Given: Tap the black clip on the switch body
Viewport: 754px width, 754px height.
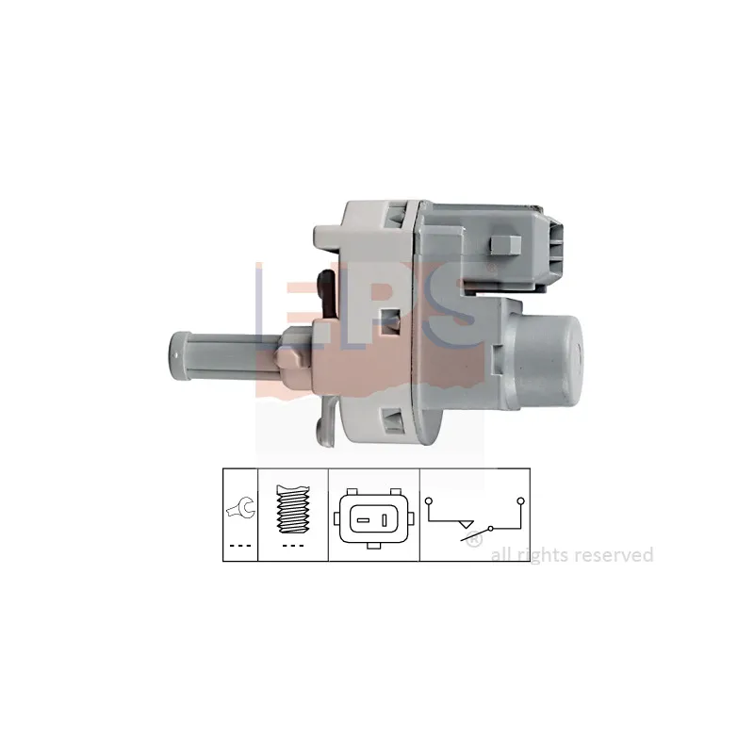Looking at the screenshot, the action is pyautogui.click(x=326, y=293).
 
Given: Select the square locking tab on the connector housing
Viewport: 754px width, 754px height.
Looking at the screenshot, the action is pyautogui.click(x=505, y=245).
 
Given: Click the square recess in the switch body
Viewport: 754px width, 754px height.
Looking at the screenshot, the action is pyautogui.click(x=390, y=320).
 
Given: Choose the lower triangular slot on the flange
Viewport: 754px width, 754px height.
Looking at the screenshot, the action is pyautogui.click(x=392, y=419).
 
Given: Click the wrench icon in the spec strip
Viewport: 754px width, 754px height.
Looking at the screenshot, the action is pyautogui.click(x=241, y=508).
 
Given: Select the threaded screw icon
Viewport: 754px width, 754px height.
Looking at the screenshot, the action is pyautogui.click(x=293, y=509).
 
